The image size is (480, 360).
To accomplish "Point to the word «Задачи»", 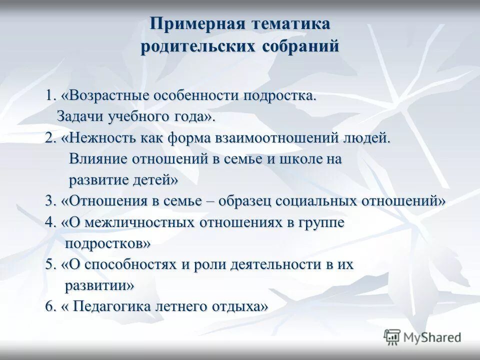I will click(78, 116).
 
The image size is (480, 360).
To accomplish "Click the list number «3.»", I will click(51, 201).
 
